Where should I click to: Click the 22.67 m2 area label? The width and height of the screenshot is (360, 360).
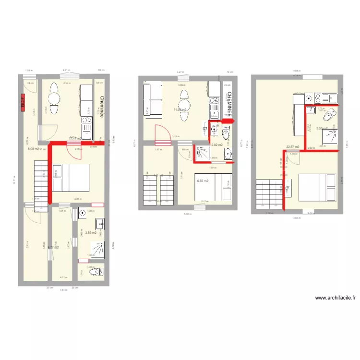click(x=292, y=147)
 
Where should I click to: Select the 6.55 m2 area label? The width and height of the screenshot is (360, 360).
click(x=202, y=180)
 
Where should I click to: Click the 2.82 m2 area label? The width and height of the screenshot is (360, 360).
click(x=217, y=144)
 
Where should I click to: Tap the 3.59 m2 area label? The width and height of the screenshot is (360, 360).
click(x=91, y=233)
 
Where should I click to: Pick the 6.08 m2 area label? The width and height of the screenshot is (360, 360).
click(x=33, y=149)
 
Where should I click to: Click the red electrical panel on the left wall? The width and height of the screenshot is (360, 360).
click(x=23, y=102)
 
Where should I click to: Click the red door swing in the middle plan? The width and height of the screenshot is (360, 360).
click(x=161, y=132)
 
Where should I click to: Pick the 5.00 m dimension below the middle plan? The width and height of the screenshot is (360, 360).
click(x=187, y=215)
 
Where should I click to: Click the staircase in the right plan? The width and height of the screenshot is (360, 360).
click(x=268, y=192)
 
